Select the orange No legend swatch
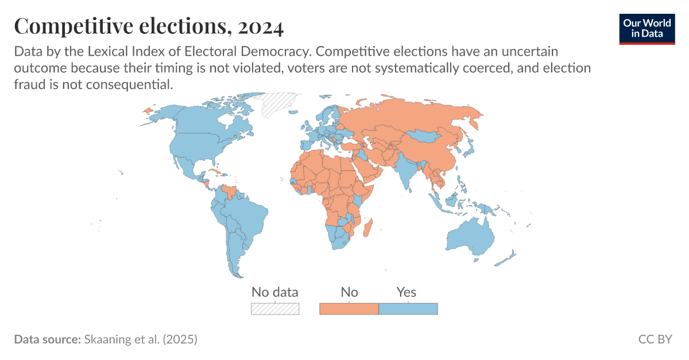[349, 309]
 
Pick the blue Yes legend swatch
[408, 309]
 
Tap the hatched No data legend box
[275, 309]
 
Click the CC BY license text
[655, 339]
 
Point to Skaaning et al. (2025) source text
[141, 339]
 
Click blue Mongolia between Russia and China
[425, 137]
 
